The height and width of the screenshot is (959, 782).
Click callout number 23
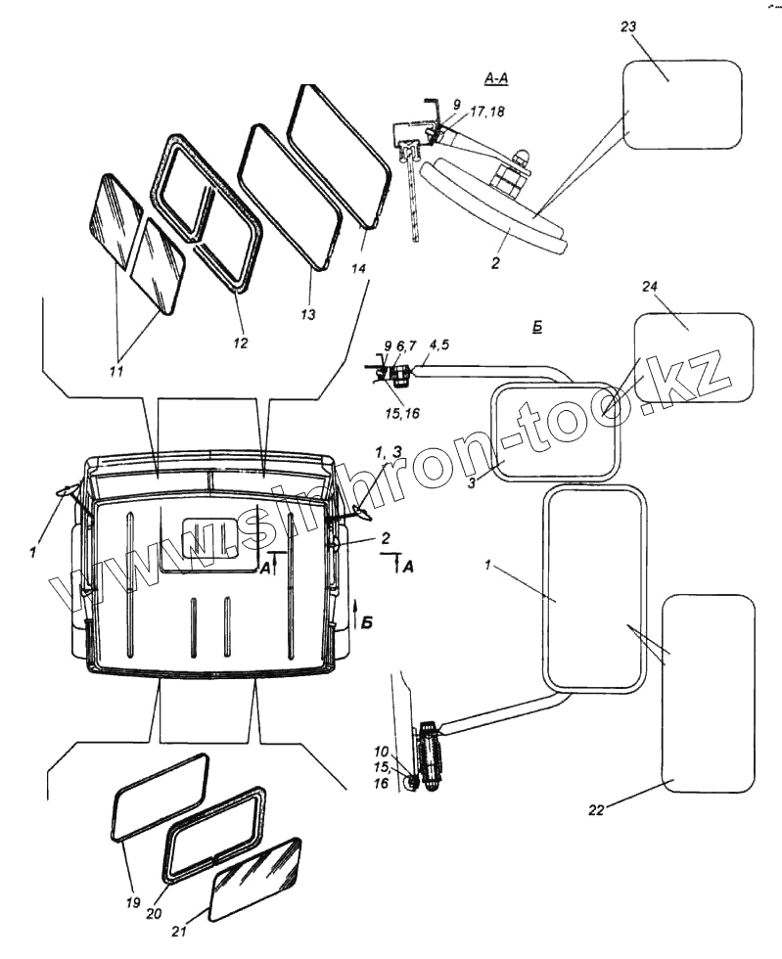pos(628,26)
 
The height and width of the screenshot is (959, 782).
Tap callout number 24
pos(651,287)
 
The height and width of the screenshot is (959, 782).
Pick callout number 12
pos(240,342)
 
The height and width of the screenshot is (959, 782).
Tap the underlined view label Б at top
pos(537,326)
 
